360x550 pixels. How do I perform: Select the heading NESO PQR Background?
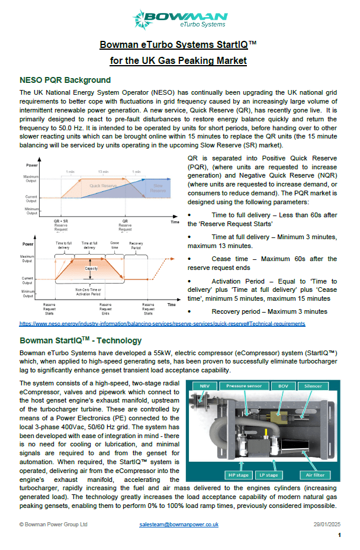[65, 80]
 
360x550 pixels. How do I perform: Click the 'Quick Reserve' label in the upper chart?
[104, 185]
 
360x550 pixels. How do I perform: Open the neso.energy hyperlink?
[162, 324]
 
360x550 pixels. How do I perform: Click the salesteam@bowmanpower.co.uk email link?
[179, 524]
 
